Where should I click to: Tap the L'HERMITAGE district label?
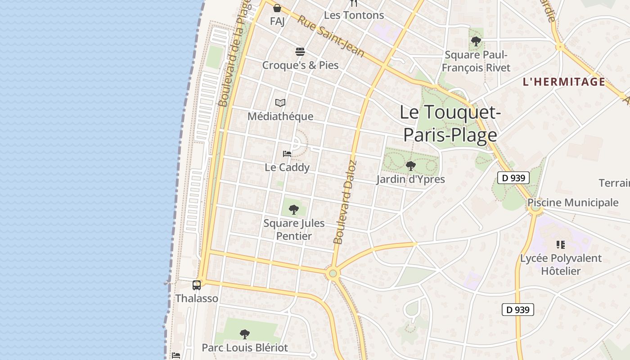[564, 82]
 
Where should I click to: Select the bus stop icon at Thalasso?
[197, 285]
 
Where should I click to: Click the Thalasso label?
[197, 298]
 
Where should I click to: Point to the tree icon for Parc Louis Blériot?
[244, 334]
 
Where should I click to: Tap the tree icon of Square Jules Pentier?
[293, 210]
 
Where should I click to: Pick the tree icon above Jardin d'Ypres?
[410, 166]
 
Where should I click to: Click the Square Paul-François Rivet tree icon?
[476, 42]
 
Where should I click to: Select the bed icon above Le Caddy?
[287, 154]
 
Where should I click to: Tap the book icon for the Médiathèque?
[280, 103]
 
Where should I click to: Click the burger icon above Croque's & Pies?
[300, 52]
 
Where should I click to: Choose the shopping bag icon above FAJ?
[277, 8]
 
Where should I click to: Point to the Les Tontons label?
[354, 15]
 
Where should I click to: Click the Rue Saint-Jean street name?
[331, 36]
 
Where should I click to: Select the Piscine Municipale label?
[573, 202]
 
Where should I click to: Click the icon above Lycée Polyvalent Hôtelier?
[560, 245]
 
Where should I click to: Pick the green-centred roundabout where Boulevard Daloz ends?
[333, 273]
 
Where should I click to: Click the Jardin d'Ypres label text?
[410, 180]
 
